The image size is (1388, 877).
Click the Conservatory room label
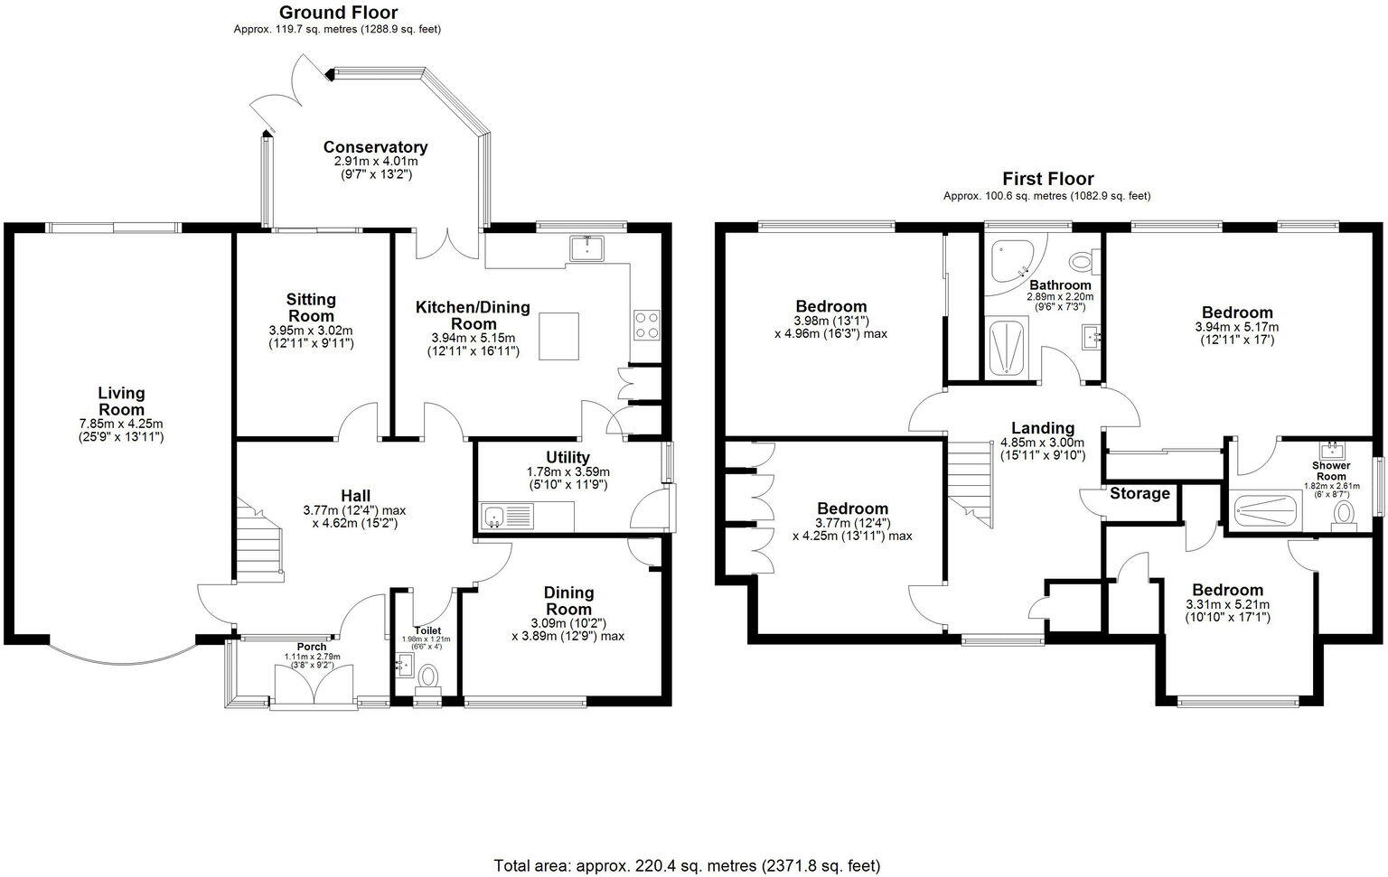tap(375, 147)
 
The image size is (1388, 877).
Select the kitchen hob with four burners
tap(647, 324)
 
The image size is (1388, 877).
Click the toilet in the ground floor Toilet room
tap(427, 676)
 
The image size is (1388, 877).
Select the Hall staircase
tap(258, 542)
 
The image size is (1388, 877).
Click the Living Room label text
tap(121, 401)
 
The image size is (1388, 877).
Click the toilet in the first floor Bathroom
tap(1082, 262)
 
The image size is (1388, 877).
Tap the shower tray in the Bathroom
tap(1006, 346)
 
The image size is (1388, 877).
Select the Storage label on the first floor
tap(1139, 493)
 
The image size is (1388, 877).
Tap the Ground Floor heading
tap(338, 13)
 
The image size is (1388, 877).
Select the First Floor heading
tap(1047, 179)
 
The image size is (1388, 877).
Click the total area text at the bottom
tap(687, 866)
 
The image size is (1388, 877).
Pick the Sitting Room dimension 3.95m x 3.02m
tap(311, 331)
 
